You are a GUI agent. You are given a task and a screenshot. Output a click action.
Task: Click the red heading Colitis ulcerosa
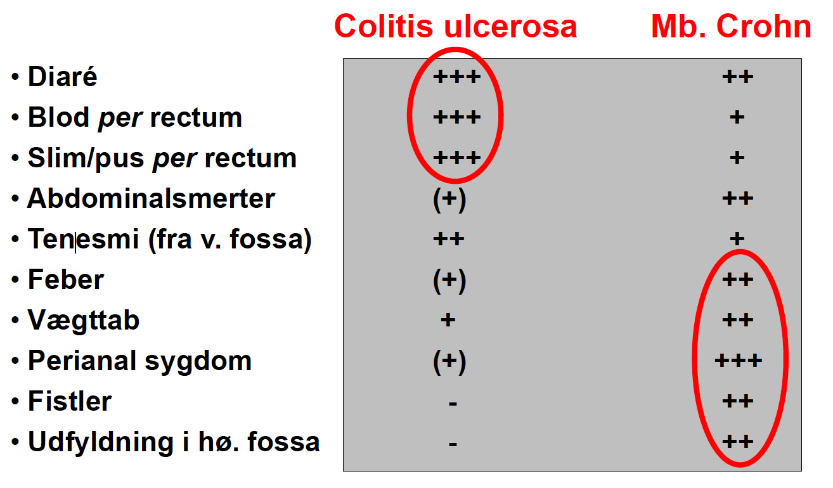[x=456, y=27]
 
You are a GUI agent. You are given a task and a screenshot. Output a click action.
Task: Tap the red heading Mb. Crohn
[x=731, y=27]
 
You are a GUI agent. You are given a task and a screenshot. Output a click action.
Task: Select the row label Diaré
[x=63, y=77]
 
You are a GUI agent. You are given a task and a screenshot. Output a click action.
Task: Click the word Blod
[x=59, y=117]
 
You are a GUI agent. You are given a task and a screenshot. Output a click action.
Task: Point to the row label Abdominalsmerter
[x=151, y=198]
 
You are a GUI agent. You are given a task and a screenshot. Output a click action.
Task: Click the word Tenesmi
[x=83, y=238]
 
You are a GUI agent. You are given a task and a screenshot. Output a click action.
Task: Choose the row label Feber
[x=66, y=279]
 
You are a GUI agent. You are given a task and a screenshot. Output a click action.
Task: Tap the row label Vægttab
[x=84, y=321]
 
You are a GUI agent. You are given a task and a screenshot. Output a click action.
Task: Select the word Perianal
[x=82, y=361]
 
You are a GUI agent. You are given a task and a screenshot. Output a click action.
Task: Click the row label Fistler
[x=70, y=401]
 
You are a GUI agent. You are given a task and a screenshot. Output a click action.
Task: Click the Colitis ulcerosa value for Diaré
[x=457, y=77]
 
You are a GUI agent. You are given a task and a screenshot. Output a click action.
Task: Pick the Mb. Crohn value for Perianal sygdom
[x=739, y=360]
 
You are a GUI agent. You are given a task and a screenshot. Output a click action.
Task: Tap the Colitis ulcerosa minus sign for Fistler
[x=453, y=403]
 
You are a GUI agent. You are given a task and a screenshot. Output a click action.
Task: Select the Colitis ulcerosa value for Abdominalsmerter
[x=449, y=200]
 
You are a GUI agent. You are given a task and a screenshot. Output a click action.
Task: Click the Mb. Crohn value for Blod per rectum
[x=737, y=117]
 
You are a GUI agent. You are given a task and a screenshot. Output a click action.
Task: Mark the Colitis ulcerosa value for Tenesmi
[x=449, y=238]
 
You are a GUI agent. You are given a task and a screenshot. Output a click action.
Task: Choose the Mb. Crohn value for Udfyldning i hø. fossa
[x=738, y=442]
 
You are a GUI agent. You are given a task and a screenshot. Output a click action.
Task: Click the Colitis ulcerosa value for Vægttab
[x=448, y=319]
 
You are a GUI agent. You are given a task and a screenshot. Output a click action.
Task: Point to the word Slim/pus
[x=86, y=158]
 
